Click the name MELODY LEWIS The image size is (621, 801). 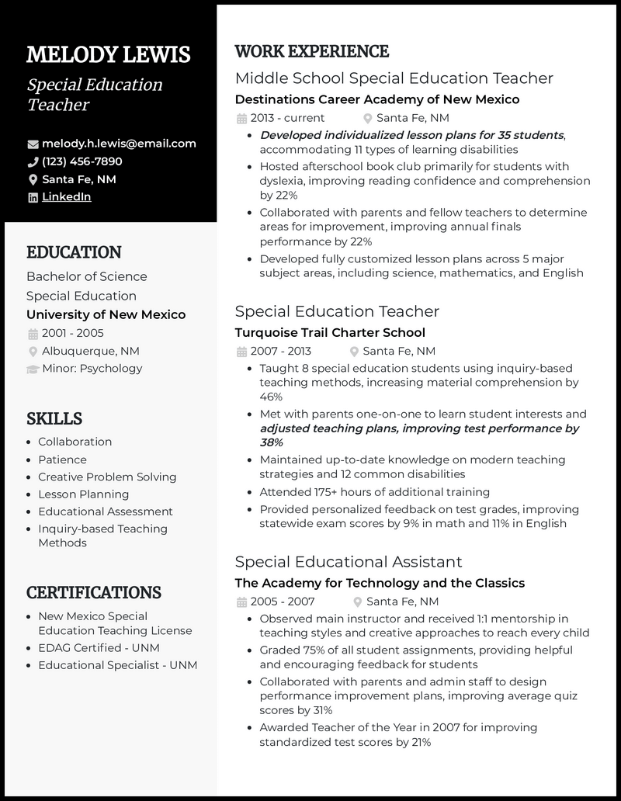(x=108, y=55)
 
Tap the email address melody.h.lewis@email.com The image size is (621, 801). (x=119, y=144)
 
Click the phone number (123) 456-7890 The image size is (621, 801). (x=82, y=161)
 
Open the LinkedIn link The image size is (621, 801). (x=66, y=197)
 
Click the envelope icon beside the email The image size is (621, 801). (x=33, y=144)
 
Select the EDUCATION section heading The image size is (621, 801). (x=74, y=252)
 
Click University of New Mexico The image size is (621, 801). (x=106, y=314)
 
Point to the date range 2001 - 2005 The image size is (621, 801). (x=72, y=333)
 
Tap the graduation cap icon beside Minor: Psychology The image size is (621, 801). (x=33, y=369)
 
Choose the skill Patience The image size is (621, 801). (x=62, y=459)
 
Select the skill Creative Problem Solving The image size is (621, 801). (x=107, y=477)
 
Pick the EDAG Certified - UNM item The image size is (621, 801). (x=104, y=647)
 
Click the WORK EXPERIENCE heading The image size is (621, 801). (x=311, y=52)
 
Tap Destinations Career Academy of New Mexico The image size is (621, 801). (x=376, y=99)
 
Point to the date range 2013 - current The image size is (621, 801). (x=287, y=118)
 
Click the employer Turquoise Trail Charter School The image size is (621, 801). (x=330, y=332)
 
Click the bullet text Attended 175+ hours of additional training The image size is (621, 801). (x=374, y=492)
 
